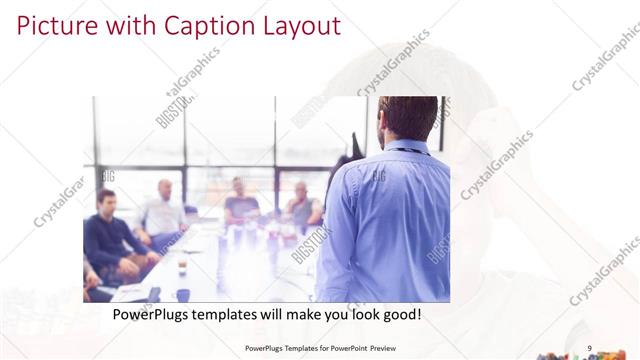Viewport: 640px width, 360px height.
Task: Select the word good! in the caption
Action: click(x=397, y=315)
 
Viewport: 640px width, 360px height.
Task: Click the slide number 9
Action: click(x=590, y=348)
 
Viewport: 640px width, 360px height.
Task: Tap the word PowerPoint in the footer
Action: click(x=339, y=348)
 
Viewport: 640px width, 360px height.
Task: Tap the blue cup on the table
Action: click(x=183, y=294)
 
